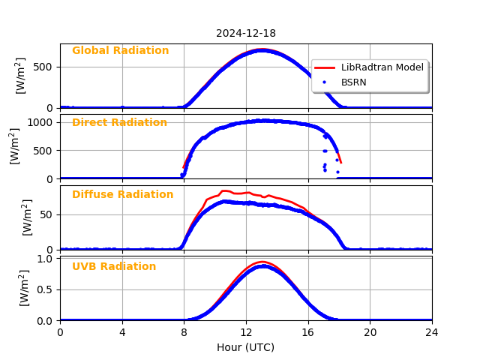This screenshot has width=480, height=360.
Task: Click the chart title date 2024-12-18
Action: tap(246, 33)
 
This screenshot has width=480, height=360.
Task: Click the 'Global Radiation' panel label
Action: tap(120, 51)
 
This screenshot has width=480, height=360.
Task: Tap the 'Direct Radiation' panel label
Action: tap(119, 123)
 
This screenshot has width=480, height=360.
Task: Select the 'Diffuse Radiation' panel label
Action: tap(122, 195)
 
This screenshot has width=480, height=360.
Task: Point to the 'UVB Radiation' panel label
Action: tap(114, 267)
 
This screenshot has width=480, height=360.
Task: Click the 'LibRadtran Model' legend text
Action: tap(382, 67)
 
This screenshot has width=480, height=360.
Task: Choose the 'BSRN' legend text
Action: tap(353, 82)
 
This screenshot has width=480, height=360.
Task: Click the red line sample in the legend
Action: tap(325, 67)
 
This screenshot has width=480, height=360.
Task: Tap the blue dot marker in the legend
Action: tap(325, 82)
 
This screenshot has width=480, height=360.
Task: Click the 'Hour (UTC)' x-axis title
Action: tap(246, 347)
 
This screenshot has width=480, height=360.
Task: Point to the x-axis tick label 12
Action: tap(246, 332)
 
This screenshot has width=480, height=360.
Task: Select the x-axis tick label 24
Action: tap(432, 332)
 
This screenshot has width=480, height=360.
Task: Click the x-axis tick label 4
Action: tap(122, 332)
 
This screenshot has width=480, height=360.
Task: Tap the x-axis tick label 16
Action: tap(308, 332)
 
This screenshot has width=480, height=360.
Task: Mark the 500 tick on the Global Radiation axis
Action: tap(43, 67)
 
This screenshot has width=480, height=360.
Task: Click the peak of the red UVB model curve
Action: tap(262, 262)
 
